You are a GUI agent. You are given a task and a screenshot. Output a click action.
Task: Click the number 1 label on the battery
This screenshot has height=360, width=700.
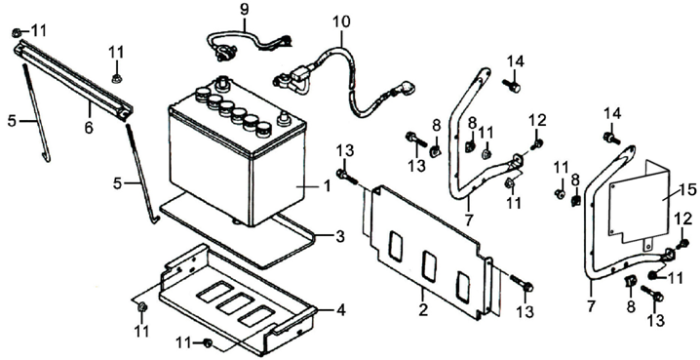click(327, 185)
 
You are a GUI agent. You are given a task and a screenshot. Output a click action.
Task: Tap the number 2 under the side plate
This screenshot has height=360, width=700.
click(423, 308)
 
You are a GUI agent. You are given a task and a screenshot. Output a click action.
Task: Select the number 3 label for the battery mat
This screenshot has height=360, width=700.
click(340, 236)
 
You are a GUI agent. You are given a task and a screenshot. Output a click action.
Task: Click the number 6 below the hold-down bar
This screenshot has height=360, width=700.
click(89, 127)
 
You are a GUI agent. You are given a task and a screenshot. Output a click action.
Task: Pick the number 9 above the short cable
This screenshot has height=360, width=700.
click(244, 10)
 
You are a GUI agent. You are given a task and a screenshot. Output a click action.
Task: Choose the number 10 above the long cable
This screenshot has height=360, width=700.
click(341, 21)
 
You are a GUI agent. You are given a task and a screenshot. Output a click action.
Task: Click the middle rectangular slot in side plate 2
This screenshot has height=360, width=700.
click(429, 265)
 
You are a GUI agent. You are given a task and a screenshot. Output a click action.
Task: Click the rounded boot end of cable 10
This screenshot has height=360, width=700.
click(408, 86)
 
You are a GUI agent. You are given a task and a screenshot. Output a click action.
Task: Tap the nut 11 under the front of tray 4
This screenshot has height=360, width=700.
click(208, 343)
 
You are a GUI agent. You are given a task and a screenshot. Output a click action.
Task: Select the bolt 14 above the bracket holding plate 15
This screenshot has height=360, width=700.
click(611, 138)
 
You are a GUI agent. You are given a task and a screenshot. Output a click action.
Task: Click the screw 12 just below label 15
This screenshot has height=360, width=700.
click(683, 245)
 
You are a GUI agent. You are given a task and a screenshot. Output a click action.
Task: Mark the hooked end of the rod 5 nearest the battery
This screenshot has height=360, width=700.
click(155, 220)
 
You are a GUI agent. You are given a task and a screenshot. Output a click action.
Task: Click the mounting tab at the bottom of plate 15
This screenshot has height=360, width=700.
click(648, 247)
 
